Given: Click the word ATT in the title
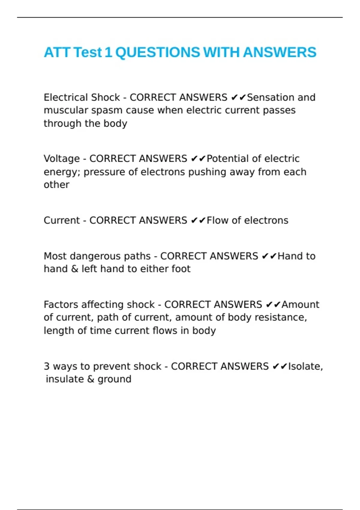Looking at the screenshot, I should tap(57, 52).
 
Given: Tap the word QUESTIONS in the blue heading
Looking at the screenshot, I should tap(157, 52).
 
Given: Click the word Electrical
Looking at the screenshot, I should tap(66, 97).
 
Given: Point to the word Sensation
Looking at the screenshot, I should tap(266, 97).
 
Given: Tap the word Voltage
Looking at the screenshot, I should tap(61, 159).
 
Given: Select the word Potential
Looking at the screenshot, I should tap(226, 158).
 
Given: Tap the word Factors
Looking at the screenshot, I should tap(61, 304).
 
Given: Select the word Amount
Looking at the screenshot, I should tap(300, 304).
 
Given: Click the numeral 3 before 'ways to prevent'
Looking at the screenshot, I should tap(46, 366).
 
